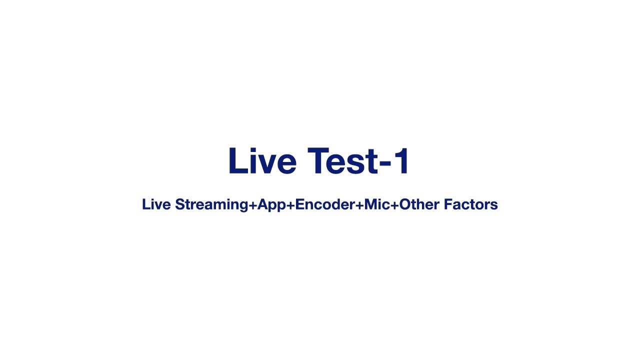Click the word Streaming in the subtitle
tap(211, 204)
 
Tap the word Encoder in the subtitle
tap(325, 204)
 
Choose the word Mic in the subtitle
tap(377, 204)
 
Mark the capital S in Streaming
tap(180, 204)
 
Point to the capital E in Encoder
tap(299, 204)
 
